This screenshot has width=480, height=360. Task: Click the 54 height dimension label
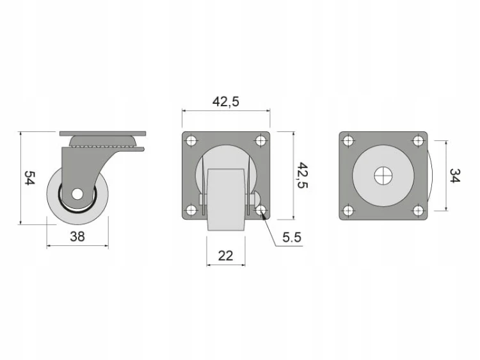pyautogui.click(x=30, y=178)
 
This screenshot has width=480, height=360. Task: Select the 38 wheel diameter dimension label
pyautogui.click(x=77, y=236)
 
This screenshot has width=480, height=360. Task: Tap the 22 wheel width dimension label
pyautogui.click(x=226, y=256)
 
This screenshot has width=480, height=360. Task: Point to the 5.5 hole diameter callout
pyautogui.click(x=292, y=237)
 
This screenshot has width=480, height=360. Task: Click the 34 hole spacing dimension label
pyautogui.click(x=454, y=176)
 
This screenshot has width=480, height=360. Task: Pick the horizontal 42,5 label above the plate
pyautogui.click(x=226, y=102)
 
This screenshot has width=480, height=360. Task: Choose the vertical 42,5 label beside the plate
pyautogui.click(x=303, y=176)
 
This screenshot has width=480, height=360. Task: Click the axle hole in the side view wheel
pyautogui.click(x=77, y=194)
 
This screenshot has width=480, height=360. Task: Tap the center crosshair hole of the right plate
pyautogui.click(x=383, y=176)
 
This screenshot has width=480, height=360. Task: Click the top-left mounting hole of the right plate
pyautogui.click(x=348, y=141)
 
